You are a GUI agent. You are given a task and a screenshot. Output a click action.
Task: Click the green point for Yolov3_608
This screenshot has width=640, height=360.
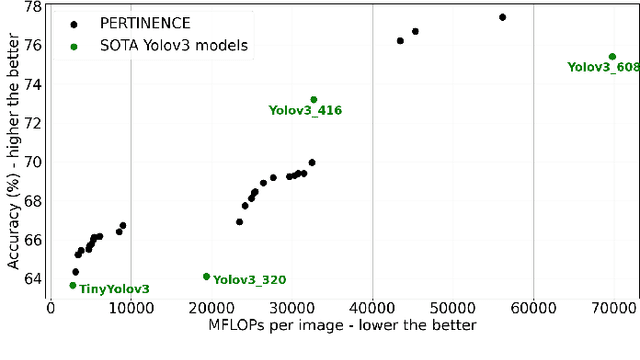click(x=612, y=57)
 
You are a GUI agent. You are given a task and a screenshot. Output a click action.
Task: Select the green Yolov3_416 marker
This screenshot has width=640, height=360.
click(x=313, y=100)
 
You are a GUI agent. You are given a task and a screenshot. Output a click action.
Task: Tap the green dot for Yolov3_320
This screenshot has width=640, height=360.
click(x=207, y=276)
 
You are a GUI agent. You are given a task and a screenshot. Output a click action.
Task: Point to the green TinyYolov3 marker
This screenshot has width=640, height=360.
click(x=72, y=285)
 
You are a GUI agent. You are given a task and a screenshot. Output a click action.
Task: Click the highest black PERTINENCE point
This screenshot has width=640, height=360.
click(x=502, y=17)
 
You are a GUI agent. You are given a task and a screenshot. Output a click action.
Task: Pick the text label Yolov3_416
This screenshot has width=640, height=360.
click(x=305, y=111)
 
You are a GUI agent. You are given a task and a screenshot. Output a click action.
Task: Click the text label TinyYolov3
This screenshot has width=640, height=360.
click(x=114, y=290)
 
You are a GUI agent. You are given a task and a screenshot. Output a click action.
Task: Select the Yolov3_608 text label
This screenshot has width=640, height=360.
click(x=603, y=68)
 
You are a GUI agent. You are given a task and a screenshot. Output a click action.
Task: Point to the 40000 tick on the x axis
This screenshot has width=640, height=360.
click(x=372, y=311)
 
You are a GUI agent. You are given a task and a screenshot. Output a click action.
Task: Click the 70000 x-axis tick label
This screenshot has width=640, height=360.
click(x=614, y=311)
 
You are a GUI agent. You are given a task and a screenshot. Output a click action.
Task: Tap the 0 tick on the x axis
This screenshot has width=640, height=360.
click(x=51, y=311)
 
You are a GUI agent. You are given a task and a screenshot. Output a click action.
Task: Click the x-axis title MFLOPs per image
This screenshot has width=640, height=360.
click(x=342, y=327)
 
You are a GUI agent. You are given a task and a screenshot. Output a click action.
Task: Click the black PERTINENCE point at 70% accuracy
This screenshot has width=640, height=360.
click(x=312, y=162)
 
